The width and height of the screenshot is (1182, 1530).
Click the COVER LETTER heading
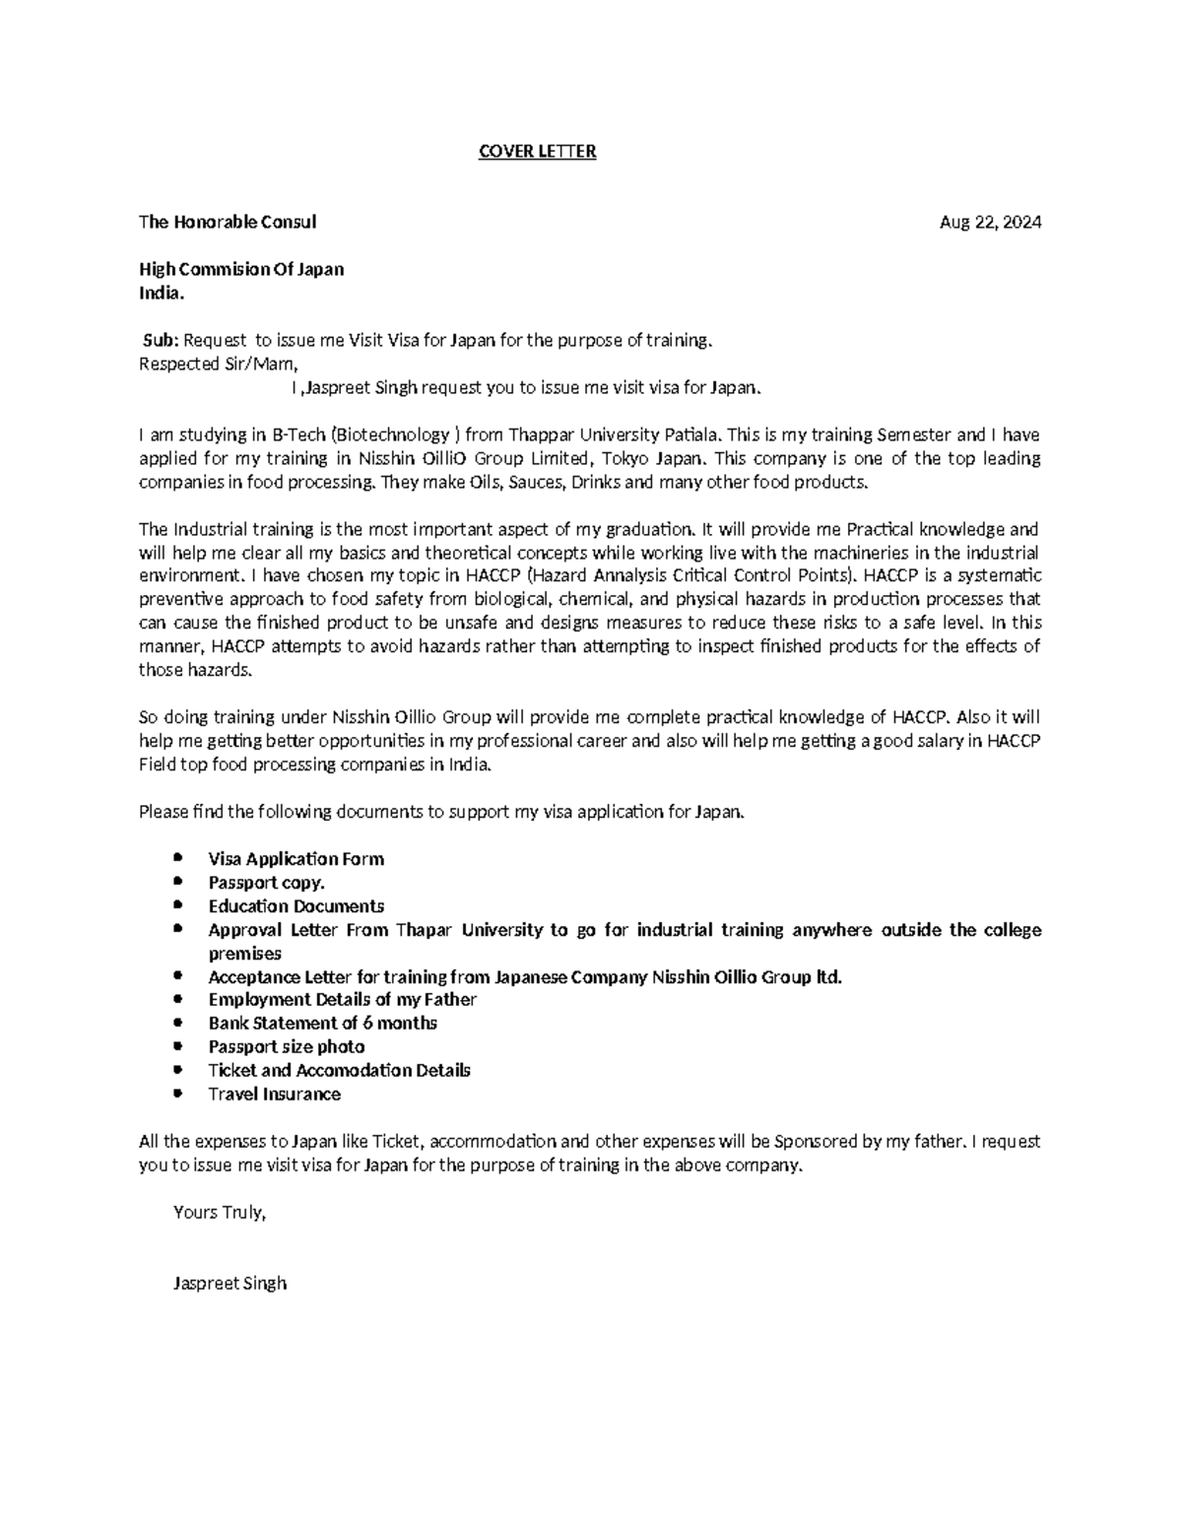pos(537,152)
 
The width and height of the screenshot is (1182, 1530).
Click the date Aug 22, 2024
pos(990,223)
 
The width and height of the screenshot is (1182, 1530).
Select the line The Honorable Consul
pos(228,223)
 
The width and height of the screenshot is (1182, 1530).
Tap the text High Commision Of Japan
pos(241,270)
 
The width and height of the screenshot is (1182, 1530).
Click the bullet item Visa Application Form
pos(295,859)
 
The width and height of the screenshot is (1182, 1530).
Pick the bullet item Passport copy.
pos(266,883)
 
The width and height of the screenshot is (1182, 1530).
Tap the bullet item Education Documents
pos(295,906)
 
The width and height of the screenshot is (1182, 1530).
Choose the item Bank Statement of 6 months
pos(322,1024)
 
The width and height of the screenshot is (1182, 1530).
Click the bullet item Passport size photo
pos(286,1047)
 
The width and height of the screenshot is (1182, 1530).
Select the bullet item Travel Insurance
pos(274,1095)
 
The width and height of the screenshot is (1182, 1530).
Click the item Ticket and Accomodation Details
pos(339,1071)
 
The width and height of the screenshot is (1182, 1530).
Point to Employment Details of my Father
pos(342,1000)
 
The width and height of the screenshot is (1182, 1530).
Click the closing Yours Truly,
pos(220,1213)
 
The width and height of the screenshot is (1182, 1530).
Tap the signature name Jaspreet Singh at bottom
pos(230,1284)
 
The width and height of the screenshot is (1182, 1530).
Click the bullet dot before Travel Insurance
pos(176,1094)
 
